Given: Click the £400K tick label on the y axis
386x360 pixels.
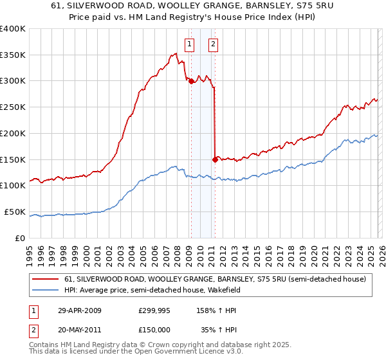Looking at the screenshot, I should (13, 29).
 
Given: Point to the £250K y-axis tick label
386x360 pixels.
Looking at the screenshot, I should (13, 107).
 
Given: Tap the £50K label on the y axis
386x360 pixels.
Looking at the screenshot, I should (15, 212).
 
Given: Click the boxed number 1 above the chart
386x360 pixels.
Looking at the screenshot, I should (190, 44).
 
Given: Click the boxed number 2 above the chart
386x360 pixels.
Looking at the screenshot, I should (213, 44).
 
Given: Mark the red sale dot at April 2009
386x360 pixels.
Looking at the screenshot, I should (191, 81).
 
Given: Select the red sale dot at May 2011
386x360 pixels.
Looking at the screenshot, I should (215, 159).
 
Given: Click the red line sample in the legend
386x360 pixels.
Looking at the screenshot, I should (46, 279).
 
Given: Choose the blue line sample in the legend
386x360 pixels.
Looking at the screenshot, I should (46, 290).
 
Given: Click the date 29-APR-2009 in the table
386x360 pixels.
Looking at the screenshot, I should (79, 310).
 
